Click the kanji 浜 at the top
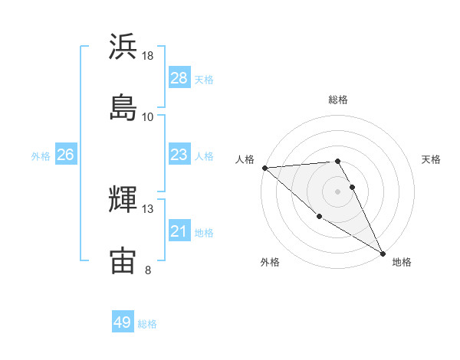tap(123, 47)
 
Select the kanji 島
tap(123, 107)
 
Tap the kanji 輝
tap(123, 200)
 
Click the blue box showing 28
tap(179, 78)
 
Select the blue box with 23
tap(179, 155)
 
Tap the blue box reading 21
tap(179, 231)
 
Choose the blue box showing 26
tap(65, 155)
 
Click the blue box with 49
tap(123, 322)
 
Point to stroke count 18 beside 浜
tap(148, 56)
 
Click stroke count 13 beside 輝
tap(148, 209)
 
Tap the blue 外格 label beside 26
tap(41, 155)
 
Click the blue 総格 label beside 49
tap(147, 324)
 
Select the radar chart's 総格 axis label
tap(338, 100)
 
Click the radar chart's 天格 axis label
tap(431, 159)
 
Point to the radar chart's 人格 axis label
tap(245, 159)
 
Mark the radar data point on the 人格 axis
tap(264, 168)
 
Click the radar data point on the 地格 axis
tap(383, 252)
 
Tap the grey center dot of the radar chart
tap(338, 191)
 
